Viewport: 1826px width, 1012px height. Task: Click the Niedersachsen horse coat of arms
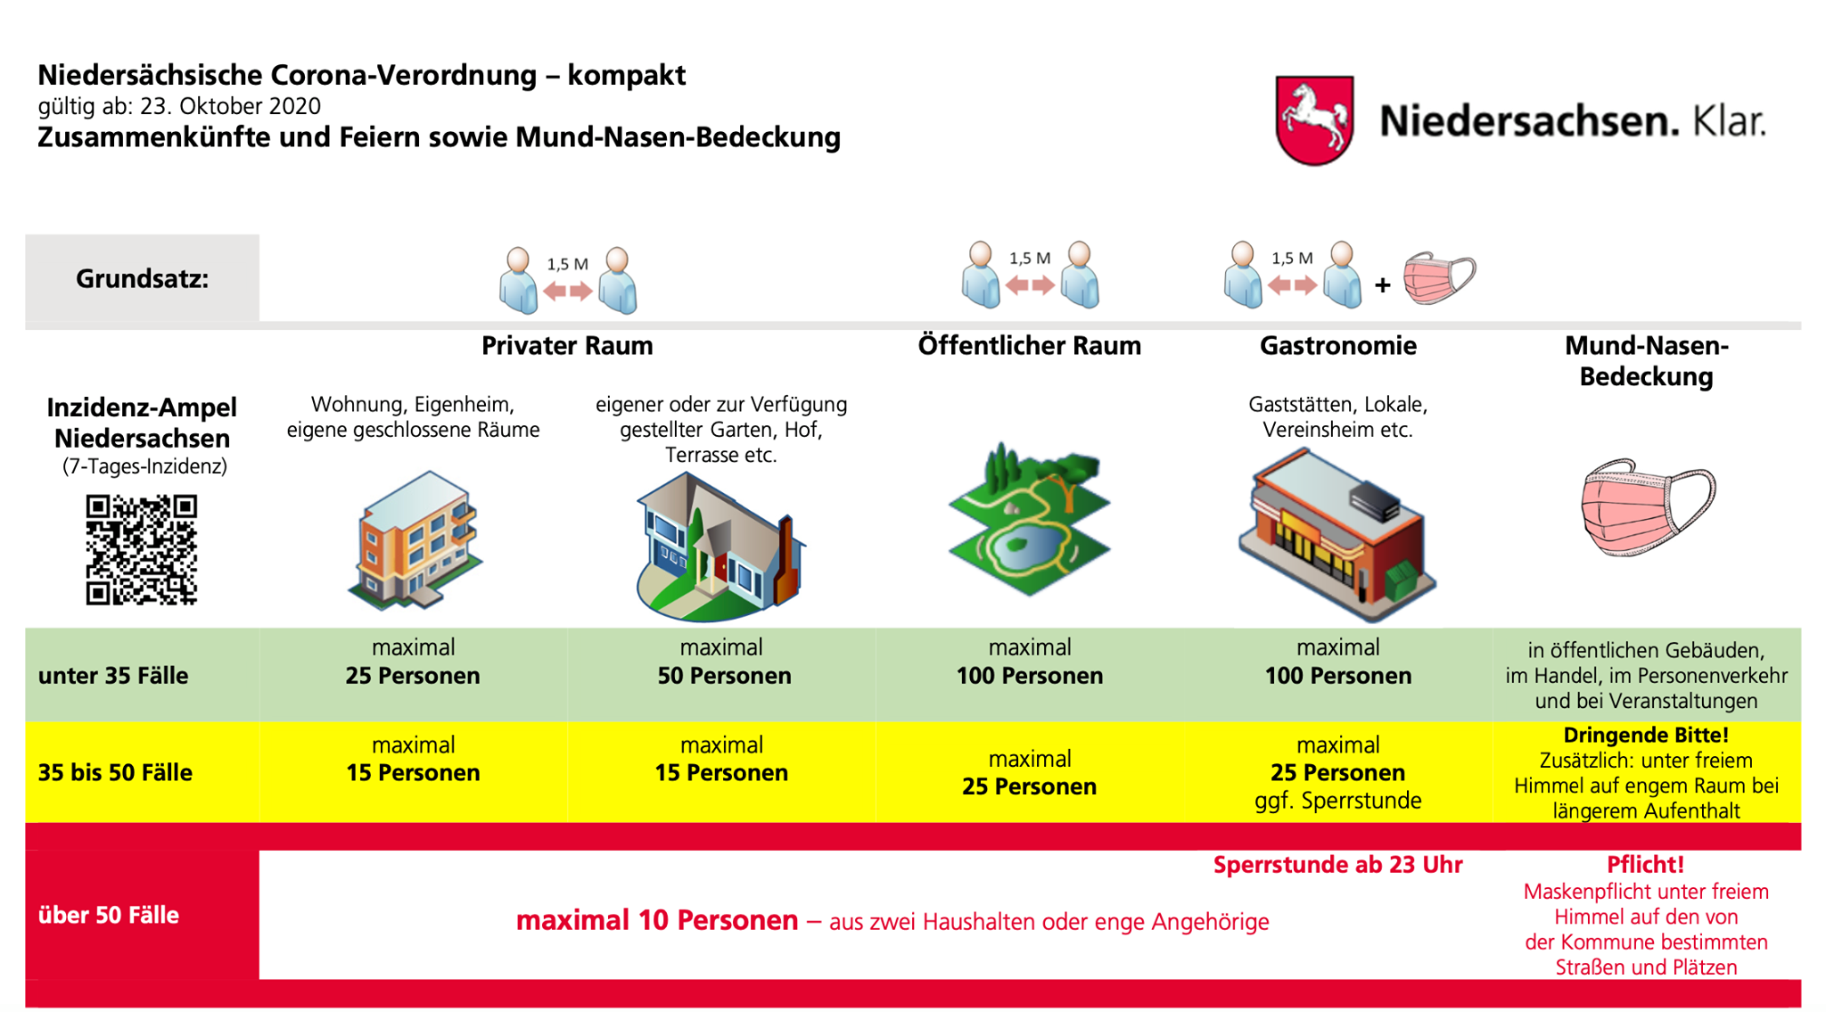click(x=1314, y=120)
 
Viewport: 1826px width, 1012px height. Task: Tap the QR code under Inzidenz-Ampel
click(x=142, y=549)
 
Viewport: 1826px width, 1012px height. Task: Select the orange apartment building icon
click(x=415, y=540)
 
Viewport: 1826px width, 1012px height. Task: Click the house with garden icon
click(x=720, y=546)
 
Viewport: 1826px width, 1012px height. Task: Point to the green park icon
click(x=1029, y=518)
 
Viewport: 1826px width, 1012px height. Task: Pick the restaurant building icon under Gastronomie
click(x=1337, y=535)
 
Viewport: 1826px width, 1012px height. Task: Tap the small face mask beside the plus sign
click(x=1439, y=277)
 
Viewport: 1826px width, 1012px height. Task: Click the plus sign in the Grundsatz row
click(x=1382, y=285)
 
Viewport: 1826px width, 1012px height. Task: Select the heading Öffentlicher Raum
click(x=1029, y=345)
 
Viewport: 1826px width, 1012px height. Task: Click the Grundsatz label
click(x=143, y=279)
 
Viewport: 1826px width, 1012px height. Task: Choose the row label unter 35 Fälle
click(x=113, y=676)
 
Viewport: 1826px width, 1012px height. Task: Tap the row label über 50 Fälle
click(x=109, y=915)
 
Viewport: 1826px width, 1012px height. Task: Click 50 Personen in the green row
click(x=724, y=676)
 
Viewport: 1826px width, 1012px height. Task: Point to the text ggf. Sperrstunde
click(x=1337, y=801)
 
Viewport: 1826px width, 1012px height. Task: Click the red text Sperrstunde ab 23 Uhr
click(x=1337, y=865)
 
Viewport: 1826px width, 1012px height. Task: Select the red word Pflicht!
click(x=1646, y=864)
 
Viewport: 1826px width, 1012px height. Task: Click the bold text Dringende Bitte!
click(x=1646, y=736)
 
